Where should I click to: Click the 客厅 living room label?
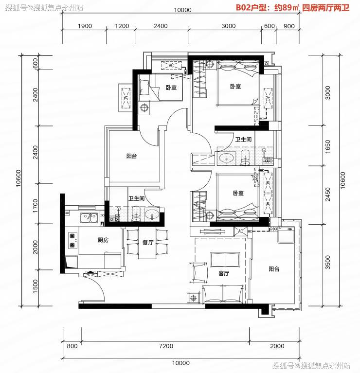(x=224, y=273)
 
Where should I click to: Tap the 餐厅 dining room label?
(x=148, y=242)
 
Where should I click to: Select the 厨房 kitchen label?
(x=103, y=240)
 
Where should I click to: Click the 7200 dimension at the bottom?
(x=166, y=346)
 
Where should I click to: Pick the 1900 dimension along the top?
(x=85, y=26)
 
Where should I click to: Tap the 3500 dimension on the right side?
(x=328, y=262)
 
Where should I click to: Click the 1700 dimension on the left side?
(x=35, y=206)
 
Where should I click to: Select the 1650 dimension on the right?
(x=328, y=146)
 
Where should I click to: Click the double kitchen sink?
(x=89, y=218)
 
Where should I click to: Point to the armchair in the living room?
(x=198, y=273)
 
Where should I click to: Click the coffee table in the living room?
(x=225, y=260)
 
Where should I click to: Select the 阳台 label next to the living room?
(x=274, y=269)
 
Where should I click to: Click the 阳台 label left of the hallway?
(x=131, y=156)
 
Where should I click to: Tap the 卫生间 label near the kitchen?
(x=136, y=198)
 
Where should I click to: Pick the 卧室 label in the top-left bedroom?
(x=171, y=88)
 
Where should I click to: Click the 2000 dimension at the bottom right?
(x=277, y=346)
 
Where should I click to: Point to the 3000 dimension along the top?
(x=229, y=26)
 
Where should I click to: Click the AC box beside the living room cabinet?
(x=240, y=231)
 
